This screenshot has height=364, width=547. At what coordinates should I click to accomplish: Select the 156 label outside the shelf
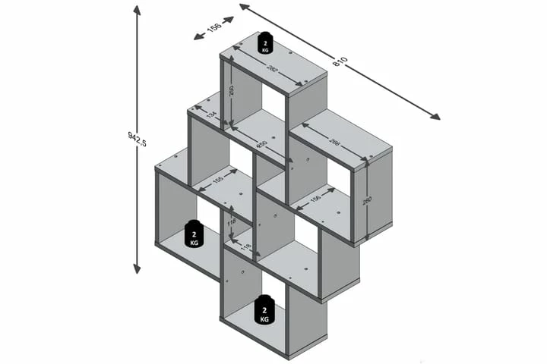213,29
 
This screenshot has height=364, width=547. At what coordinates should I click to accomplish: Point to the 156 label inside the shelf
315,199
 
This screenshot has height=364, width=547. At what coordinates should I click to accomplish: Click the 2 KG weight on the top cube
265,43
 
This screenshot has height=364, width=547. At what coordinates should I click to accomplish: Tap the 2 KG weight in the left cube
194,235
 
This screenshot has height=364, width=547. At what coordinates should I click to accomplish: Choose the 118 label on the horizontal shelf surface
245,246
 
